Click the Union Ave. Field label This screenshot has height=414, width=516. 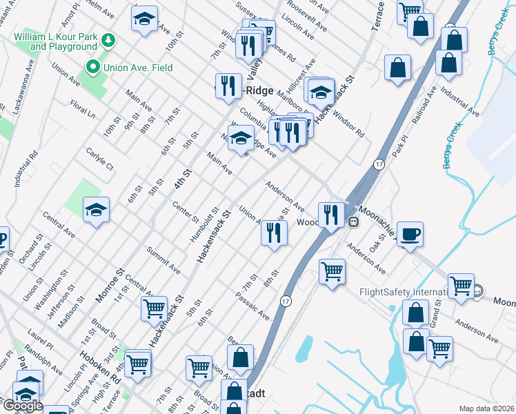coord(137,68)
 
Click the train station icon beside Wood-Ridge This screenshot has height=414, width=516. coord(353,222)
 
